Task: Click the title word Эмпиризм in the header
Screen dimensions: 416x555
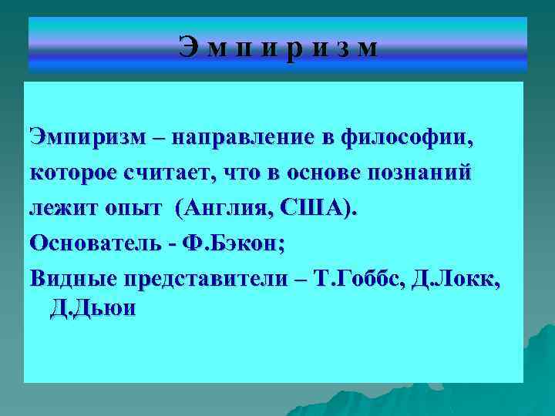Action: click(278, 49)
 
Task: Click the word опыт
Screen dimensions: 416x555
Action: click(133, 209)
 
